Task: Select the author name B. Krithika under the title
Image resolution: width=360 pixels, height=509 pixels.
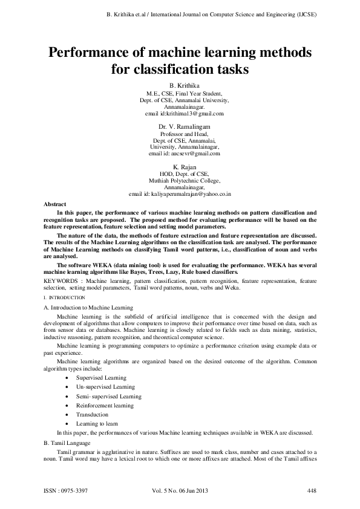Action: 180,87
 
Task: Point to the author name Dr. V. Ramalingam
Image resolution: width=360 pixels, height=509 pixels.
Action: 180,126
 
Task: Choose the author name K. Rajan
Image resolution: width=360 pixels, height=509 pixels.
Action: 180,166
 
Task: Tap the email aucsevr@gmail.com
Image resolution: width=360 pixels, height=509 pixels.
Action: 193,153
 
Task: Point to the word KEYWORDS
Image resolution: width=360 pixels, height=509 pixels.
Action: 63,281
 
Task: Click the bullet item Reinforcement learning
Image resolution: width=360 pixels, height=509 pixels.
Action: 105,405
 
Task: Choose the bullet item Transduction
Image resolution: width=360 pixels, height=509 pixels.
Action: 92,415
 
